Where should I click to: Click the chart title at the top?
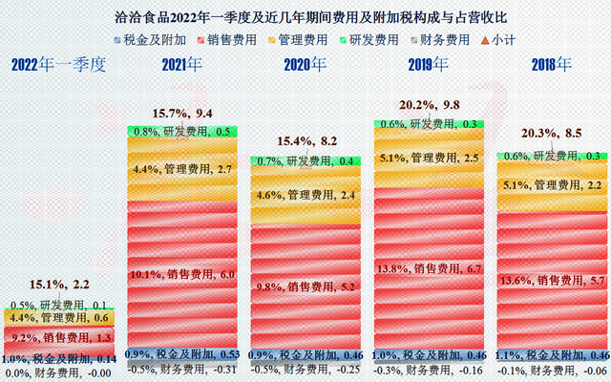(x=305, y=15)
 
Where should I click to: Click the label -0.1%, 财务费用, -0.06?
(x=553, y=370)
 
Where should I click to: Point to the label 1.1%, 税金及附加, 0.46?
(x=553, y=354)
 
